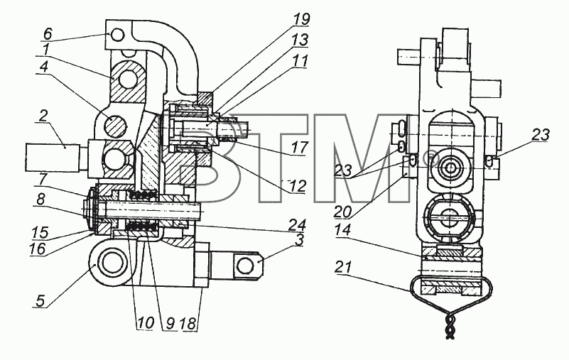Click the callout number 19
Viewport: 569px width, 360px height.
[301, 20]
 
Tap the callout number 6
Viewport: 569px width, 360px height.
[48, 34]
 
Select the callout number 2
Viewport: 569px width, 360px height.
[43, 116]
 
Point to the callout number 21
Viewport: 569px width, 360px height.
[343, 268]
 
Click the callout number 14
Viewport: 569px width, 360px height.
[343, 231]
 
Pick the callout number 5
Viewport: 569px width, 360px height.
[40, 301]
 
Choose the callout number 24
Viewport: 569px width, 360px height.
[298, 225]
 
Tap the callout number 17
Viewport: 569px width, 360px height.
[300, 148]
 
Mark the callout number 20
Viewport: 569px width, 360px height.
[342, 212]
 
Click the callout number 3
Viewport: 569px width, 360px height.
[299, 241]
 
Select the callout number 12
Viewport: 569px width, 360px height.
[298, 187]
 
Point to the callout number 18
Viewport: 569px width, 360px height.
[189, 323]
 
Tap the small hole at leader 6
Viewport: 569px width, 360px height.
[118, 36]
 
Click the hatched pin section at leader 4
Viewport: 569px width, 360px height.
[116, 126]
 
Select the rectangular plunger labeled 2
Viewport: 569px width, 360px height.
[53, 158]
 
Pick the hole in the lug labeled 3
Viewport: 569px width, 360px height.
[245, 266]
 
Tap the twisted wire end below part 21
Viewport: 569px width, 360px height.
[450, 324]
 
